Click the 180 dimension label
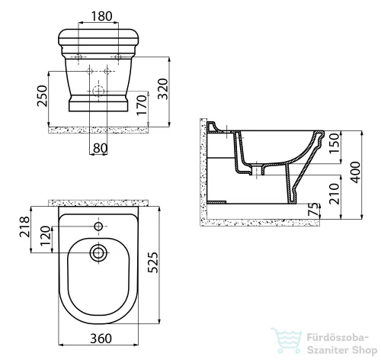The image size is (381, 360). point(101,16)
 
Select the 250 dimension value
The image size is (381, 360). point(42,96)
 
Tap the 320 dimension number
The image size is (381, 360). point(163,89)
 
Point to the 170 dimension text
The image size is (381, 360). point(142,105)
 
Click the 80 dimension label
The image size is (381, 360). point(100,148)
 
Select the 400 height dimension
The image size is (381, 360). point(355,172)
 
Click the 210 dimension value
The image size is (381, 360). point(334,194)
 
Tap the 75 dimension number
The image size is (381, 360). point(314,209)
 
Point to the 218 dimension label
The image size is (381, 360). point(25,227)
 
